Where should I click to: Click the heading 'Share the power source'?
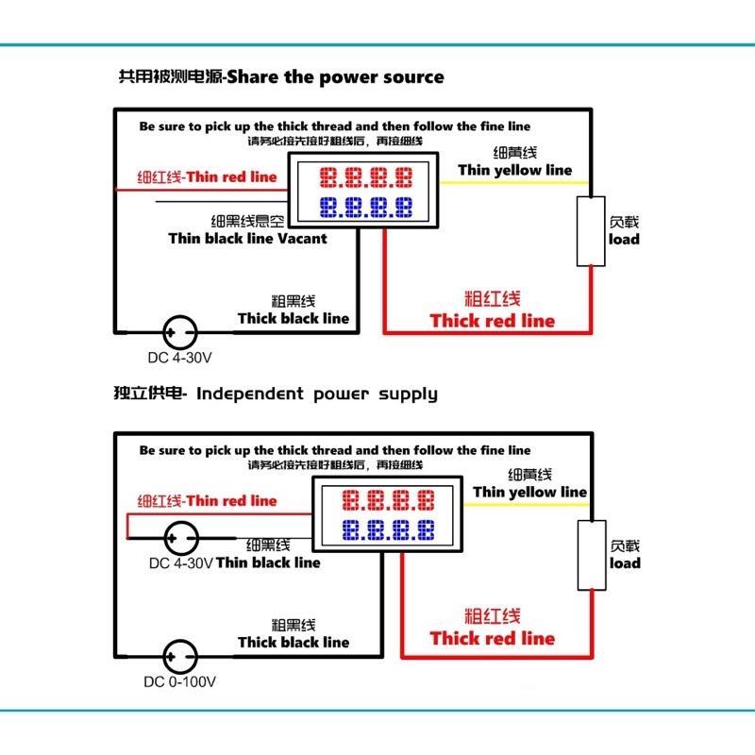[x=335, y=76]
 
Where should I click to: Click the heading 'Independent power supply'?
[x=317, y=393]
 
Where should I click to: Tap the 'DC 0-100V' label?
[x=180, y=682]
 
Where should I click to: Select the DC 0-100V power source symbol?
[x=179, y=656]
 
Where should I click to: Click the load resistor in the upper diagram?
[x=591, y=232]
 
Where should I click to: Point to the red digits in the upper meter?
[x=365, y=176]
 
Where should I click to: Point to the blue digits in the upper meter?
[x=365, y=206]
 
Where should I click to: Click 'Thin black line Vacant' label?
[x=247, y=239]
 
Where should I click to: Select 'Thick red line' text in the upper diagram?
[x=493, y=321]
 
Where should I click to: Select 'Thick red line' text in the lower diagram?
[x=493, y=639]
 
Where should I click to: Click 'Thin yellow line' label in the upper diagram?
[x=515, y=170]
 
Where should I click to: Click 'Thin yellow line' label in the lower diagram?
[x=529, y=492]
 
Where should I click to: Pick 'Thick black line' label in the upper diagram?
[x=293, y=319]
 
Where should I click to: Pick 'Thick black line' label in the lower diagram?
[x=293, y=643]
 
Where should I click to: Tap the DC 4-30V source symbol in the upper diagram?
[x=179, y=332]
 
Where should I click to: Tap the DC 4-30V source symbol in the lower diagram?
[x=179, y=538]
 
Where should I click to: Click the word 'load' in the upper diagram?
[x=624, y=240]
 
